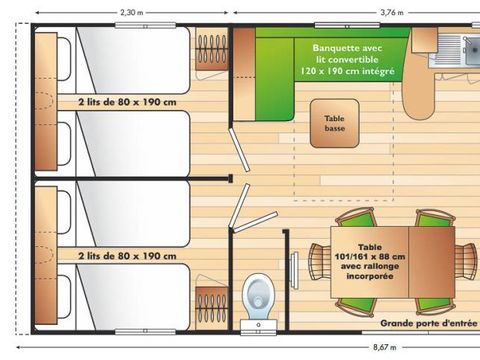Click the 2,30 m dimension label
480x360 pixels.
[x=132, y=13]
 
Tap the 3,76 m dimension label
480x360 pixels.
[x=392, y=13]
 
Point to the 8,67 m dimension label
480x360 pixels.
[x=385, y=347]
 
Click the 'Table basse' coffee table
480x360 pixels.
[x=335, y=123]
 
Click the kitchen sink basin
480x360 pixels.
[x=473, y=51]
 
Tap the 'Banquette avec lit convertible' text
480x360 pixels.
[x=347, y=59]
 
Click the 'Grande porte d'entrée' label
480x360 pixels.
[x=429, y=323]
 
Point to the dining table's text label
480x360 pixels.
[x=370, y=262]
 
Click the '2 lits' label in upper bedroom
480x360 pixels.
[x=127, y=102]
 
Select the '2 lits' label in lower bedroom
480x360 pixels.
[x=127, y=256]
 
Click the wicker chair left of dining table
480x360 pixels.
[x=320, y=262]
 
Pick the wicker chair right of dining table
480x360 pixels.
[x=466, y=262]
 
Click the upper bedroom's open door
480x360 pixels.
[x=239, y=150]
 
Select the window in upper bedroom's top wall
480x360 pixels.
[x=145, y=25]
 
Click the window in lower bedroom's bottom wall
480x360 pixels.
[x=145, y=331]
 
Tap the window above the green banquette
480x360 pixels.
[x=347, y=25]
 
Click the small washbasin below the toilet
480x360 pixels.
[x=259, y=325]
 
